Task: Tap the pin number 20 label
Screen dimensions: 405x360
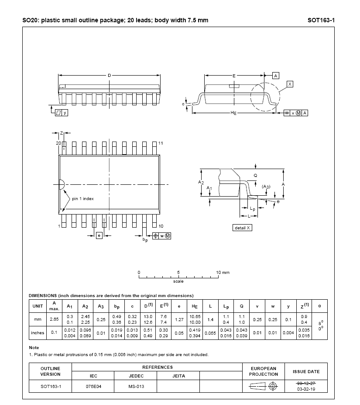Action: tap(58, 143)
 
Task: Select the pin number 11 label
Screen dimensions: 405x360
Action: tap(161, 143)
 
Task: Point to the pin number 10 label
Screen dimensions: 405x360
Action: tap(161, 226)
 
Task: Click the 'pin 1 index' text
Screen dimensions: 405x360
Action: tap(83, 198)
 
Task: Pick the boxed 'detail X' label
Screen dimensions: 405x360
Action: tap(243, 228)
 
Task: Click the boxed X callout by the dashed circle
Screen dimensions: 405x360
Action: tap(290, 83)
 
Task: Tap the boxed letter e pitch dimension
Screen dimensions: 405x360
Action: tap(99, 235)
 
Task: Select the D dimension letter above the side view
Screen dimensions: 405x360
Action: tap(109, 76)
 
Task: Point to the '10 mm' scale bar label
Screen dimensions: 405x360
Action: tap(223, 272)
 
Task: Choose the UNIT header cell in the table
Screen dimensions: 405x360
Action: tap(38, 306)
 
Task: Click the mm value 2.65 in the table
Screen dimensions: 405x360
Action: tap(54, 319)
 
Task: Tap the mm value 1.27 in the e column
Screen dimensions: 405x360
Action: tap(179, 319)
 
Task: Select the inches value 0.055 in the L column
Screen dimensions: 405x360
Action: tap(210, 332)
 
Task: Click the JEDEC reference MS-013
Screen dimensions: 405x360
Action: tap(135, 386)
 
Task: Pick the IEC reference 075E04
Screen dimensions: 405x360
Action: tap(93, 386)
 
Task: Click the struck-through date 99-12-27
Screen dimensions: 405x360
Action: tap(306, 383)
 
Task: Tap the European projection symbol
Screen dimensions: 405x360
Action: tap(264, 386)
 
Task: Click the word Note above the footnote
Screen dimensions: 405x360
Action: tap(34, 347)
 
